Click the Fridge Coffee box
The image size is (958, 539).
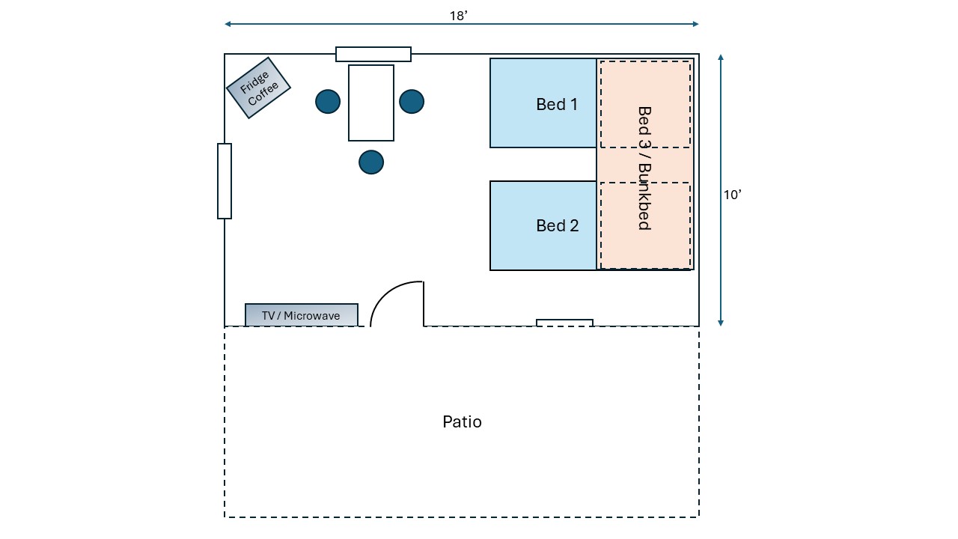click(x=258, y=88)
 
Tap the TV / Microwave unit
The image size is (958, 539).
click(x=301, y=315)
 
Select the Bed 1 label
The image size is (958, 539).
click(x=557, y=104)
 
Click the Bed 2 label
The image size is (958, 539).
click(x=558, y=225)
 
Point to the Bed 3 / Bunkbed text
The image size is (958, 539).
click(x=644, y=168)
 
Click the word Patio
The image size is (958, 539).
click(x=462, y=421)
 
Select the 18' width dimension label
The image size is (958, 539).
click(x=459, y=15)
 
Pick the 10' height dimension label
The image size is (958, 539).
click(x=732, y=195)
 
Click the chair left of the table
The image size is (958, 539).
click(x=328, y=101)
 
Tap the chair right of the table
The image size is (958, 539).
click(x=412, y=101)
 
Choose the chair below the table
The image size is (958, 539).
click(x=371, y=162)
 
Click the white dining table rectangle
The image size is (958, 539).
click(x=371, y=103)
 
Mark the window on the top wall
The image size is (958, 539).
click(x=373, y=54)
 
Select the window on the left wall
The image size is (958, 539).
click(x=225, y=181)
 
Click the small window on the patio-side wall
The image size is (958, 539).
click(x=564, y=323)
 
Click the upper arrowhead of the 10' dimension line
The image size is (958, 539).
click(x=721, y=57)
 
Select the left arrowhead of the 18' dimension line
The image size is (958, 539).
click(x=228, y=24)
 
